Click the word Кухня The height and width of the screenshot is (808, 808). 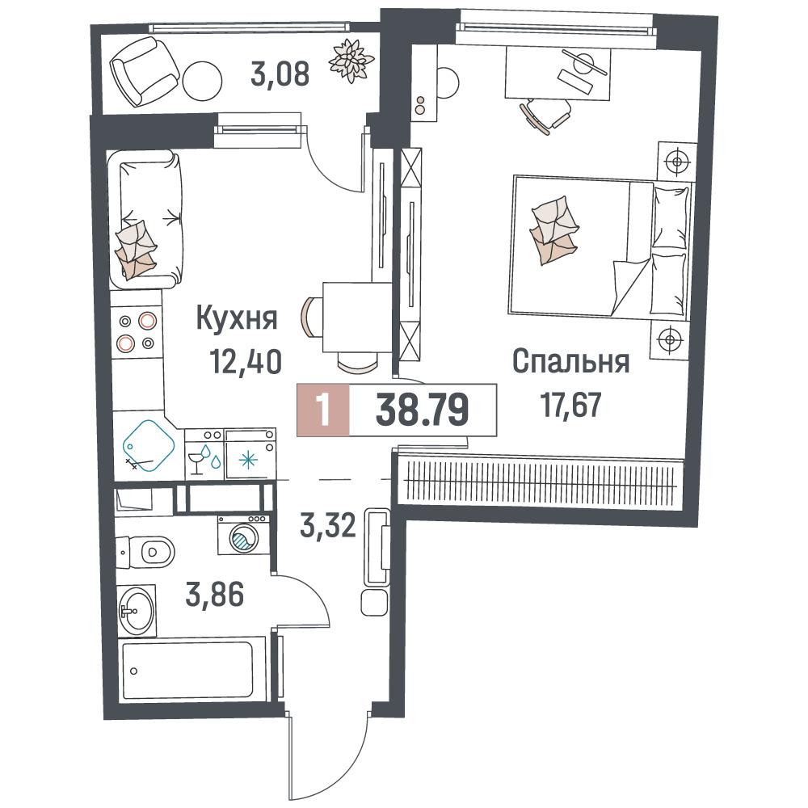[237, 319]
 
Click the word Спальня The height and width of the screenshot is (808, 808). [571, 361]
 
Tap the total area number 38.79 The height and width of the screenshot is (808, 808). [422, 410]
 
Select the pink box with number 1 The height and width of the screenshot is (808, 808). [323, 410]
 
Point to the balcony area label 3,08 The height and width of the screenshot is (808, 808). [280, 74]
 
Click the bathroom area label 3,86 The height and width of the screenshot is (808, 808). [214, 595]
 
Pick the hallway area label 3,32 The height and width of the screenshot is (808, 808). [328, 526]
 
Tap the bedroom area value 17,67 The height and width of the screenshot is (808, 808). [570, 405]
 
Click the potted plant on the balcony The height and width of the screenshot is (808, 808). [351, 61]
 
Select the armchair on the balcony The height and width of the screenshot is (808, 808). [143, 71]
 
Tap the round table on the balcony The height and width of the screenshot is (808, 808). [202, 82]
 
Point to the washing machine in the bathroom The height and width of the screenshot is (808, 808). [243, 534]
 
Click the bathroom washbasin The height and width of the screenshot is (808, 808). [136, 612]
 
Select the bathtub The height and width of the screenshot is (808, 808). [189, 670]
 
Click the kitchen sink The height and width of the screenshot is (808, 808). [148, 446]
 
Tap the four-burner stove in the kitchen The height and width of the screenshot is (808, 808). [137, 331]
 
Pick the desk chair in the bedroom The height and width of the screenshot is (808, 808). [546, 116]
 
